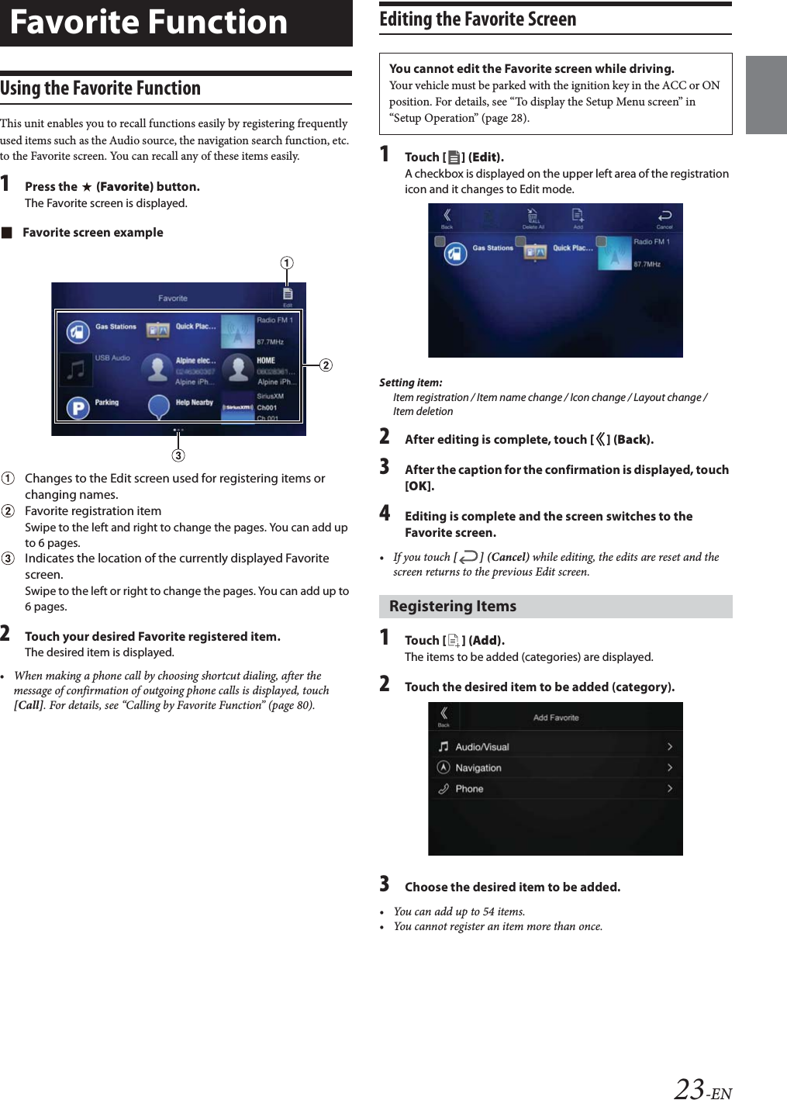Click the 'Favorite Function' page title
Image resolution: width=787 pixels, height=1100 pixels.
[x=148, y=22]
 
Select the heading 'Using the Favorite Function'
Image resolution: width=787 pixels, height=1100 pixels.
[x=100, y=88]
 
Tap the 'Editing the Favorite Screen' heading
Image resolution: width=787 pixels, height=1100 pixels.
[x=478, y=19]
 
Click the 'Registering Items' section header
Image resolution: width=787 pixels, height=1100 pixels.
[x=453, y=607]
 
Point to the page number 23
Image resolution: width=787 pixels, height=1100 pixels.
[x=689, y=1088]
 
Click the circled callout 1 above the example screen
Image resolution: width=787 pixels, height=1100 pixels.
[x=287, y=263]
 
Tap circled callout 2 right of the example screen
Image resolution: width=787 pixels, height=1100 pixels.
[x=326, y=365]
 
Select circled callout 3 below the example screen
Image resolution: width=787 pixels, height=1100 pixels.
[x=178, y=455]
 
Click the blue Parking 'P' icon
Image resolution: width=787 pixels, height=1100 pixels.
[x=78, y=407]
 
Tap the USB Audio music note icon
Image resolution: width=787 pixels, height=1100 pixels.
[x=76, y=369]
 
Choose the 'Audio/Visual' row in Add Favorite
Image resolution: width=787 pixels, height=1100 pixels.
[x=555, y=746]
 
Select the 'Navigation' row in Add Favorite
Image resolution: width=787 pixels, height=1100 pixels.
[x=555, y=767]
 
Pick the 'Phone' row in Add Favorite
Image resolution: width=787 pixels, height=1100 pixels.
[x=555, y=788]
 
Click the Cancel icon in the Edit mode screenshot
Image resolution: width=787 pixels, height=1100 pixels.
[x=664, y=217]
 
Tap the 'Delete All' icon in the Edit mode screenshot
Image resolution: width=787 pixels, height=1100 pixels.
[x=533, y=217]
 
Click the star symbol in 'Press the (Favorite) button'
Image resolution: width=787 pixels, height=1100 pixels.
[x=87, y=187]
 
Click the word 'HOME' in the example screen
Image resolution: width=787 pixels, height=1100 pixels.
[x=266, y=361]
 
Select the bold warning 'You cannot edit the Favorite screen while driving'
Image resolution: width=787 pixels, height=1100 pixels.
[x=531, y=68]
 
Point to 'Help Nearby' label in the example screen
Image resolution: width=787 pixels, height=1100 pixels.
[x=194, y=403]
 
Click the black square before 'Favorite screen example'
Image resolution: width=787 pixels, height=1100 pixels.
[x=7, y=233]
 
